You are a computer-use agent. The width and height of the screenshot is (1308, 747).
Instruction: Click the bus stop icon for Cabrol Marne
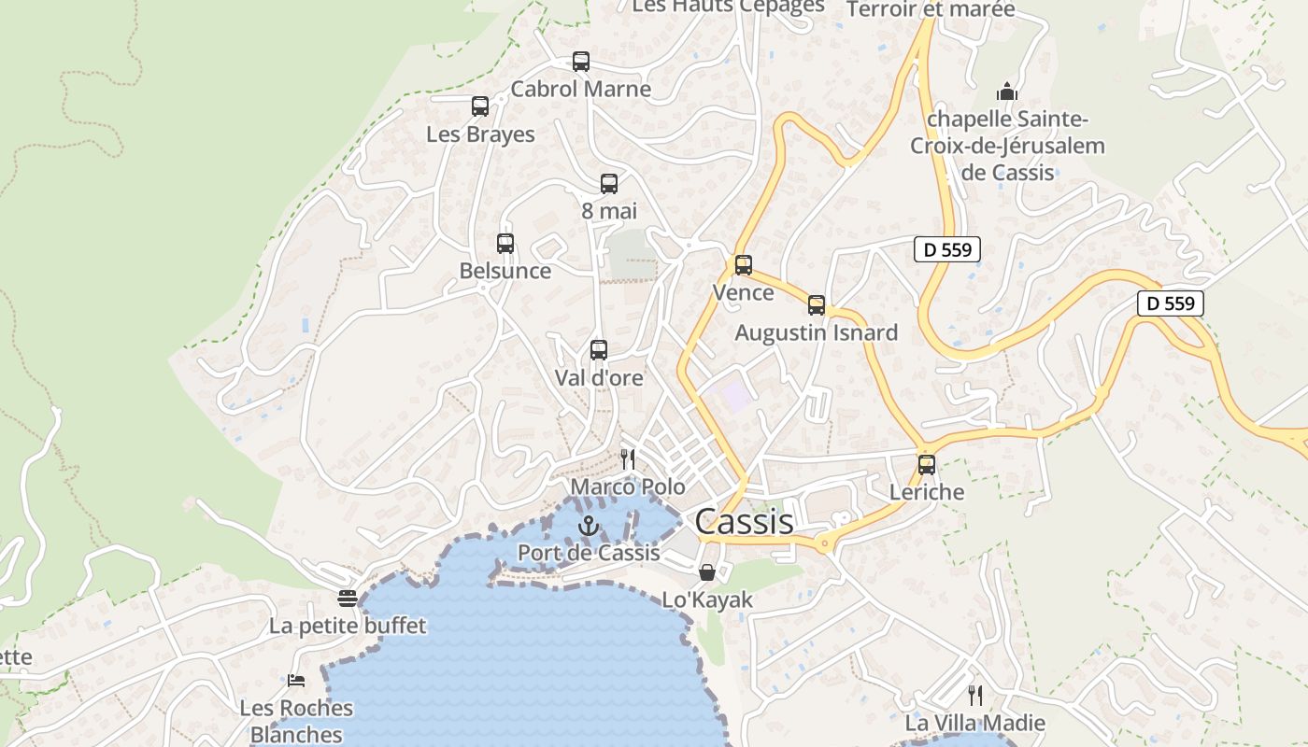coord(581,62)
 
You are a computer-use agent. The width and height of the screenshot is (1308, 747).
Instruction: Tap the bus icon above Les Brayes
coord(480,106)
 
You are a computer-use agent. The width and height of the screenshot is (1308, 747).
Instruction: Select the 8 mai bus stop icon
coord(609,184)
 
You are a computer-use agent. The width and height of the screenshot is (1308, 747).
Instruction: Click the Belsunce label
coord(505,271)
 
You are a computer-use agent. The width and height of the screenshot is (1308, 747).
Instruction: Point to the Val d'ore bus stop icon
coord(599,350)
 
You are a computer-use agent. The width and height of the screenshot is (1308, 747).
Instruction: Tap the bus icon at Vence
coord(744,265)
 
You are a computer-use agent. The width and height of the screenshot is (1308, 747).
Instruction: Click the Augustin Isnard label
coord(816,332)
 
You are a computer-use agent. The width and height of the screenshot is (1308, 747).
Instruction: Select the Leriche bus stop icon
coord(927,464)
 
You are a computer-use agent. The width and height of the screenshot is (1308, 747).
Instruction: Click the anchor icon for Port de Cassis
coord(588,526)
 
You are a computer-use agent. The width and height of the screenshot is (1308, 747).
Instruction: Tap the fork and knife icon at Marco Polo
coord(628,458)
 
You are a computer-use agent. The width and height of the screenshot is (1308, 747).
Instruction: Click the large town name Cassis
coord(744,522)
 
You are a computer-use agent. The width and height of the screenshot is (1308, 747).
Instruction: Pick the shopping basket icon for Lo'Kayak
coord(707,572)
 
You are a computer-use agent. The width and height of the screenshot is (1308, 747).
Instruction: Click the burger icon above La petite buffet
coord(348,598)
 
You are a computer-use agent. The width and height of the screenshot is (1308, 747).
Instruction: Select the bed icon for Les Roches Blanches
coord(296,681)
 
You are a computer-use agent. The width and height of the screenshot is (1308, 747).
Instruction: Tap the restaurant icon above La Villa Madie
coord(975,696)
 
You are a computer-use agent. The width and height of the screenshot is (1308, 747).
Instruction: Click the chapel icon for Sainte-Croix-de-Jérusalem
coord(1007,92)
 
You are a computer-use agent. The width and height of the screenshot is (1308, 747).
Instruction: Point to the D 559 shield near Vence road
coord(947,249)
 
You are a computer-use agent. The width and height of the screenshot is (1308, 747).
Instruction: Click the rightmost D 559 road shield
coord(1171,303)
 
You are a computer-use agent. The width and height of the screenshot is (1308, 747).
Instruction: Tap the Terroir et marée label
coord(930,9)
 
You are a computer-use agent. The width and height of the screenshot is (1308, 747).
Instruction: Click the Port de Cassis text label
coord(589,552)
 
